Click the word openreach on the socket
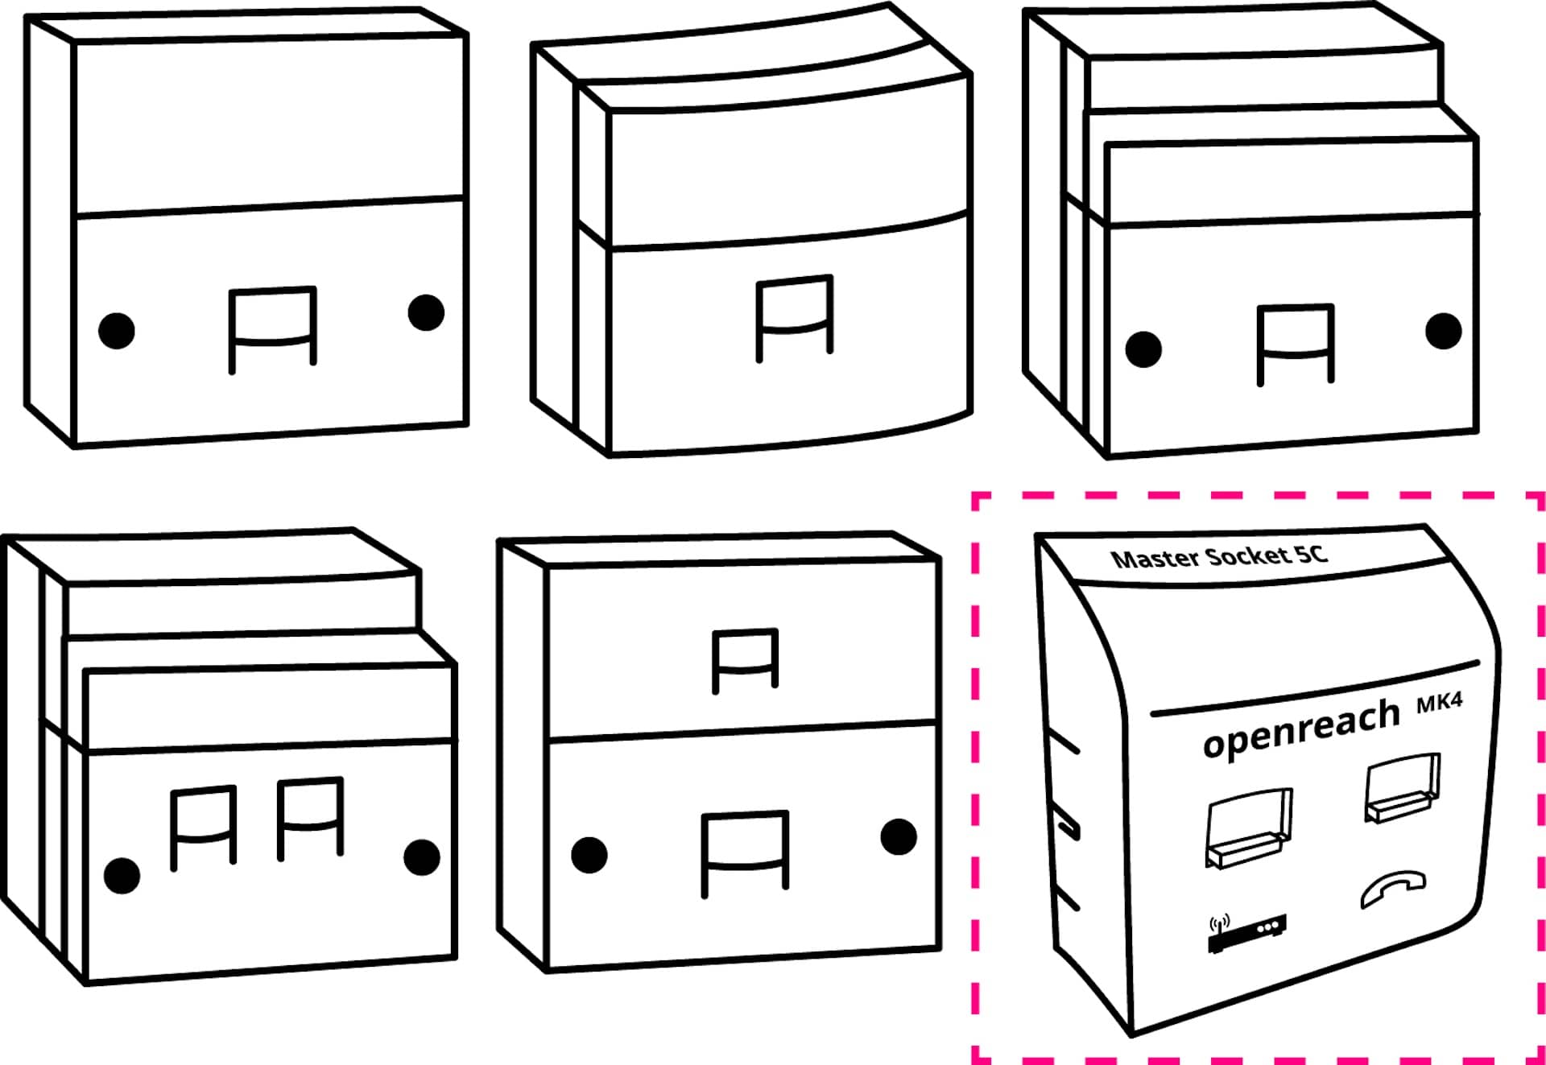(x=1301, y=729)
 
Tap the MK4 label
(x=1440, y=703)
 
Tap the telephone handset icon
(x=1393, y=889)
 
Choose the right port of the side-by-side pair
(x=311, y=819)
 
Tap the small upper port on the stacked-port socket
(x=746, y=660)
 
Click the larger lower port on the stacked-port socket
(x=745, y=854)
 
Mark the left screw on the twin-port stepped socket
(x=122, y=875)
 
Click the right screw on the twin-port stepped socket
(x=422, y=857)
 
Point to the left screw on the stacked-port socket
(x=589, y=855)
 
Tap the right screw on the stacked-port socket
(x=899, y=837)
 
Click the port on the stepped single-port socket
(x=1296, y=345)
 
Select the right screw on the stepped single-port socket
(x=1444, y=331)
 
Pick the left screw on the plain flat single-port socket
(x=117, y=330)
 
